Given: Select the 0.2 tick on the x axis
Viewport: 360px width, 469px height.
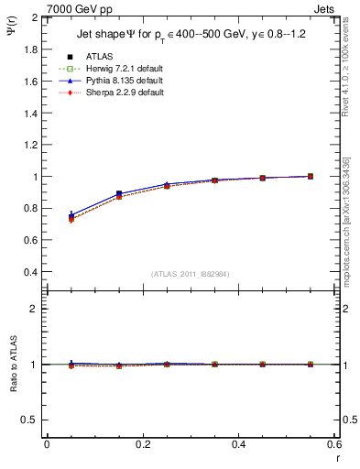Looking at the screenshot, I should coord(142,443).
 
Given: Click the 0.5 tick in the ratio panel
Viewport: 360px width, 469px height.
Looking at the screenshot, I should coord(31,420).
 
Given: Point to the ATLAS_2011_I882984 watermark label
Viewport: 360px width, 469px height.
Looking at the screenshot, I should coord(191,274).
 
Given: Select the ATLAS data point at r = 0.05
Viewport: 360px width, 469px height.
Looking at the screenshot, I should coord(71,217).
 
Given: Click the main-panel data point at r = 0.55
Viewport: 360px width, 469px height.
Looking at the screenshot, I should coord(311,176).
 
